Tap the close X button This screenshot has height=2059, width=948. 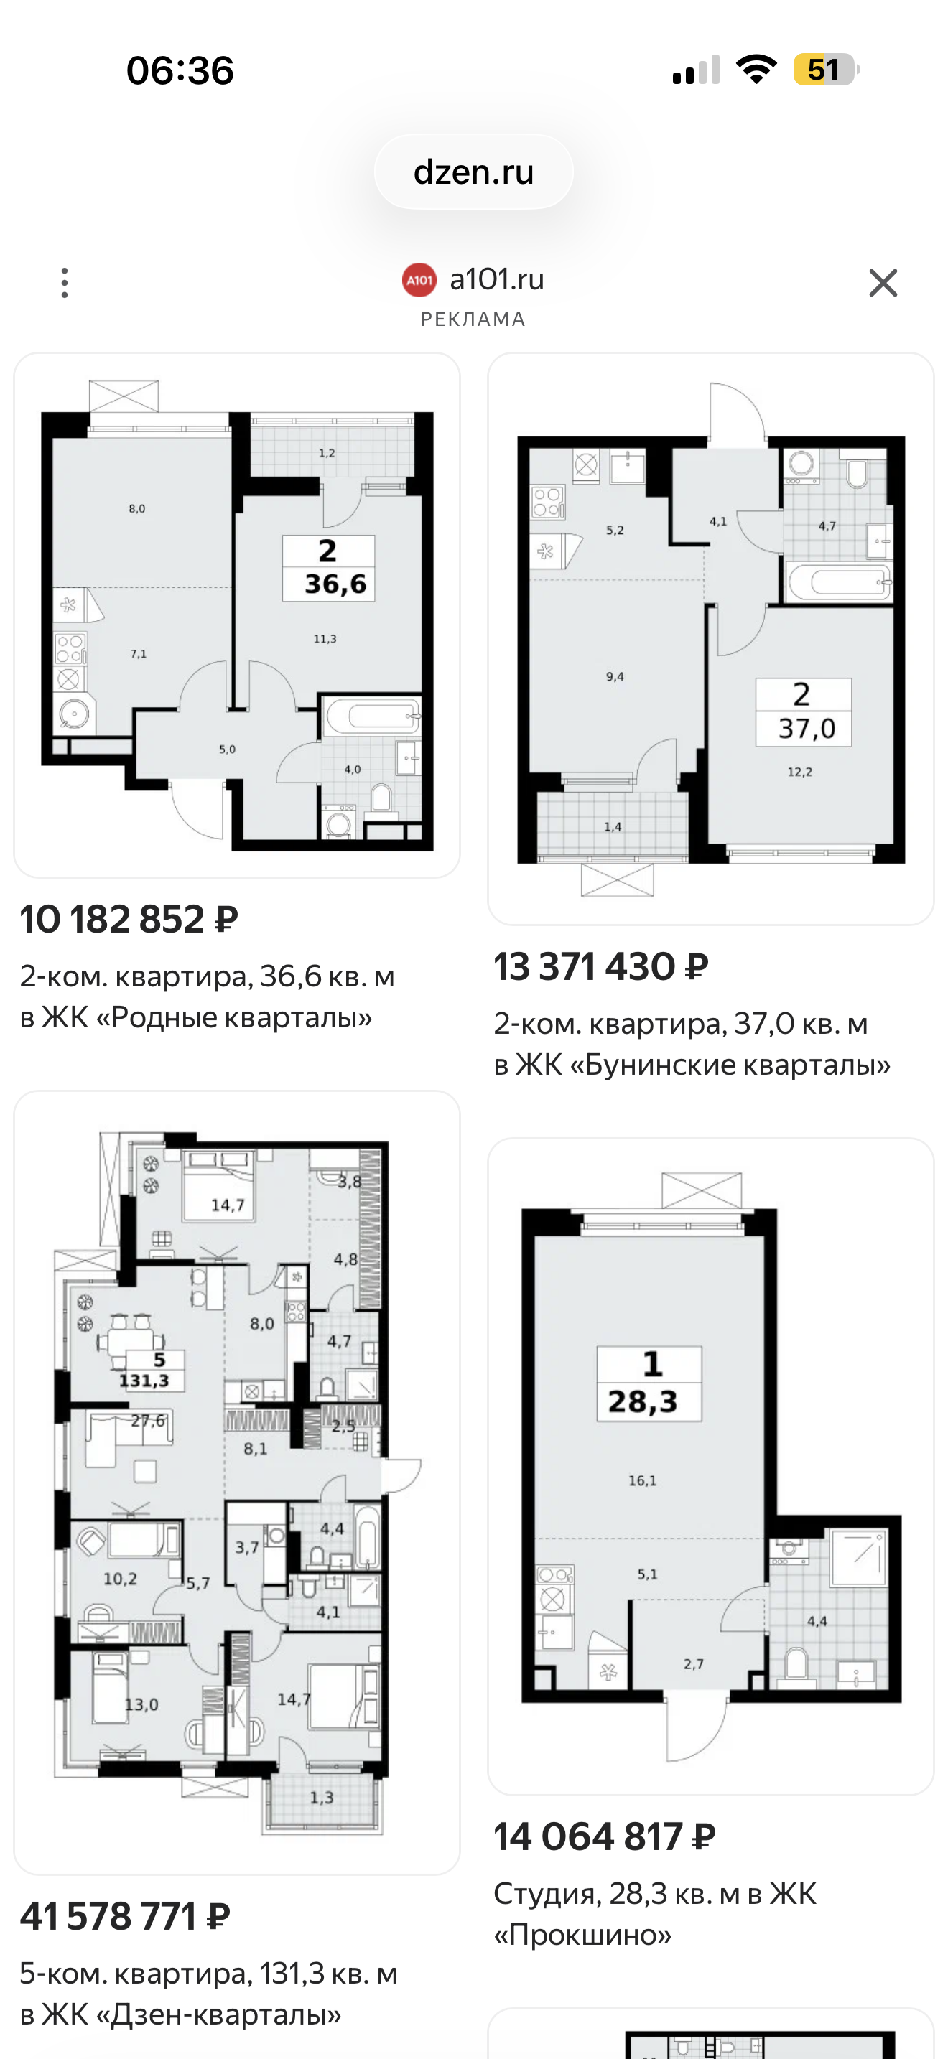883,283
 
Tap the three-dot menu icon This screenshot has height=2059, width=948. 65,283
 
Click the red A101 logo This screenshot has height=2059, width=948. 419,280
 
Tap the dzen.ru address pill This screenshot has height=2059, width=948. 473,172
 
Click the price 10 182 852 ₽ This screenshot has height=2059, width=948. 129,919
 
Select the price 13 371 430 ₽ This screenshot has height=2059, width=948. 601,966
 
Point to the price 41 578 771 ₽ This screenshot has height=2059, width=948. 126,1916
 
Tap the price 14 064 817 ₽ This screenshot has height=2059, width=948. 604,1836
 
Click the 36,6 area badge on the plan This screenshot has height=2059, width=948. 328,567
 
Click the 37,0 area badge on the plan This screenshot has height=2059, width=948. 804,712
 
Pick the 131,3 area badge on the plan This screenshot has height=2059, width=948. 144,1370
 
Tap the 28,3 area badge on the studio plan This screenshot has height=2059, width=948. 649,1383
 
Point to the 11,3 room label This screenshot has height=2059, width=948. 325,639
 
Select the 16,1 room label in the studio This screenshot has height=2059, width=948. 642,1480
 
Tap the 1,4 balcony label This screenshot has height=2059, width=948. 613,826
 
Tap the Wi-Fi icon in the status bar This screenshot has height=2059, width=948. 756,69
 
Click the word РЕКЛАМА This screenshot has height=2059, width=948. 473,319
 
